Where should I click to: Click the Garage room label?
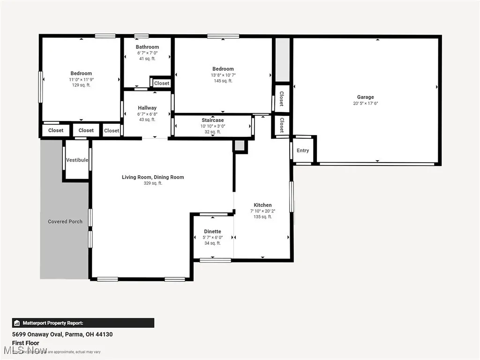pyautogui.click(x=365, y=97)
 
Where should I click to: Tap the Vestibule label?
pyautogui.click(x=77, y=160)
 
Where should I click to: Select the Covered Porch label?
pyautogui.click(x=65, y=221)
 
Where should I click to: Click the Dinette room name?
pyautogui.click(x=212, y=232)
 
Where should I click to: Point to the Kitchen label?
pyautogui.click(x=262, y=205)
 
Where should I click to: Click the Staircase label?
pyautogui.click(x=212, y=120)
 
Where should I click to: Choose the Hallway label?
pyautogui.click(x=147, y=108)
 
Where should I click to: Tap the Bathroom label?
pyautogui.click(x=147, y=47)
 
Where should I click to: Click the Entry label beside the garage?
pyautogui.click(x=303, y=150)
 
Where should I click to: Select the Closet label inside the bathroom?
pyautogui.click(x=162, y=83)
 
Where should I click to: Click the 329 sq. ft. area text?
pyautogui.click(x=153, y=183)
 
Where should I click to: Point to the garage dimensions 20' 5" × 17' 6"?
pyautogui.click(x=365, y=103)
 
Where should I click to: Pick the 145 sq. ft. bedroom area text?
pyautogui.click(x=223, y=81)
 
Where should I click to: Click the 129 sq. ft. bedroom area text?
pyautogui.click(x=81, y=85)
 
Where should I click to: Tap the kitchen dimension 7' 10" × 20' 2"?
pyautogui.click(x=262, y=211)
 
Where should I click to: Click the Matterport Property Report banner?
pyautogui.click(x=83, y=323)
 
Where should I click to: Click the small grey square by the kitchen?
pyautogui.click(x=240, y=146)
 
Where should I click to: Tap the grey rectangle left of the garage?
pyautogui.click(x=282, y=60)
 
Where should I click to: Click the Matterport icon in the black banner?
pyautogui.click(x=17, y=323)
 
